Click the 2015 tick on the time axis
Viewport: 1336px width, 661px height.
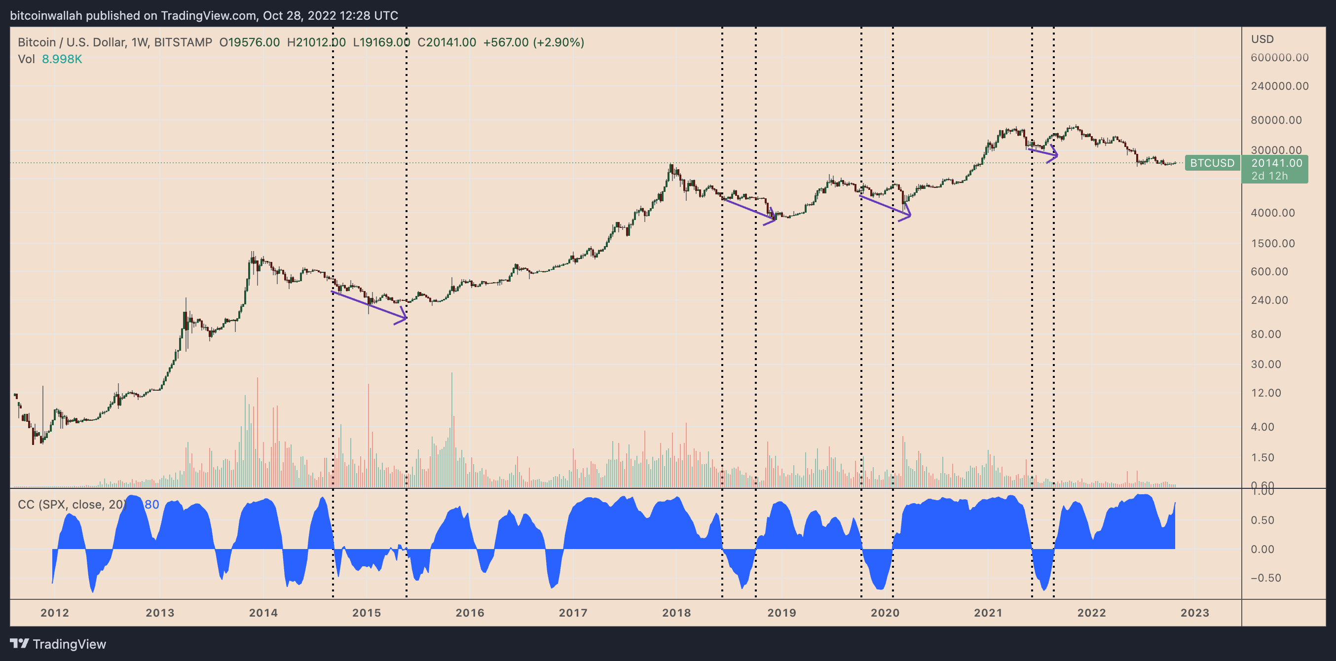click(x=366, y=613)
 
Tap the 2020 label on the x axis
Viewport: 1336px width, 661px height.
click(x=885, y=613)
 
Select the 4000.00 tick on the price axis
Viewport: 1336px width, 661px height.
click(x=1273, y=213)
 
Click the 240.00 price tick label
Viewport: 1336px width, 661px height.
click(x=1269, y=300)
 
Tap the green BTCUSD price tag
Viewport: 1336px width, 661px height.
click(x=1212, y=163)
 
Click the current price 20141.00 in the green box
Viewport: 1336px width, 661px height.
click(x=1276, y=163)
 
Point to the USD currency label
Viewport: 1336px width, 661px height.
click(x=1262, y=39)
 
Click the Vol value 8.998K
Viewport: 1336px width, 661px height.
click(x=62, y=59)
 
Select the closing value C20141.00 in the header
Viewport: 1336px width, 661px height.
click(x=446, y=42)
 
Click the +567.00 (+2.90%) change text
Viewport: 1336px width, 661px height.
click(x=534, y=42)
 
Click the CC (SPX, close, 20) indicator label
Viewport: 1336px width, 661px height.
click(x=72, y=505)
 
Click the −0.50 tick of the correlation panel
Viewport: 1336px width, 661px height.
click(x=1265, y=578)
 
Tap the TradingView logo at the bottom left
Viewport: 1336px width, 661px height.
click(x=58, y=644)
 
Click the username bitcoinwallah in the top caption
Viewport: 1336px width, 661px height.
click(x=46, y=16)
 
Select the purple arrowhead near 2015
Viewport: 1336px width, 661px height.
click(x=402, y=316)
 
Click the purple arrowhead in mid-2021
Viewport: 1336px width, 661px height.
click(x=1054, y=154)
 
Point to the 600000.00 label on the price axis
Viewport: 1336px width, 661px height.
click(x=1279, y=58)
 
